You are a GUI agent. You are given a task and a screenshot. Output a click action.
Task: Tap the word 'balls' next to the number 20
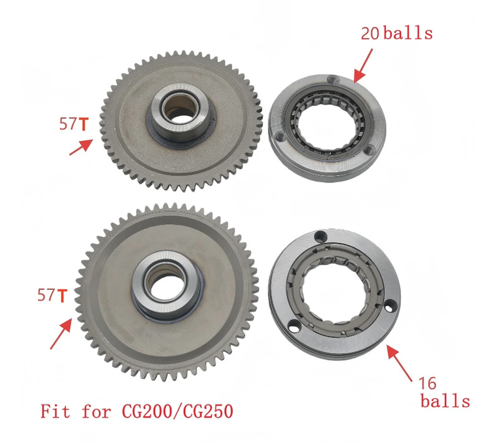[408, 33]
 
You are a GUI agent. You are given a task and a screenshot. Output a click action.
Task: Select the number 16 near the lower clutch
[428, 382]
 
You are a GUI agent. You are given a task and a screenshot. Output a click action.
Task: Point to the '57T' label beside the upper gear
[73, 125]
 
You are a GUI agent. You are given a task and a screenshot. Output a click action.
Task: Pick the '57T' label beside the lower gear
[52, 296]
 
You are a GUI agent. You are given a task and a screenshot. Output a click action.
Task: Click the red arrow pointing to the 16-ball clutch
[400, 362]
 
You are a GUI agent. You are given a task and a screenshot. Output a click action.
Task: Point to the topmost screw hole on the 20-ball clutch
[333, 79]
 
